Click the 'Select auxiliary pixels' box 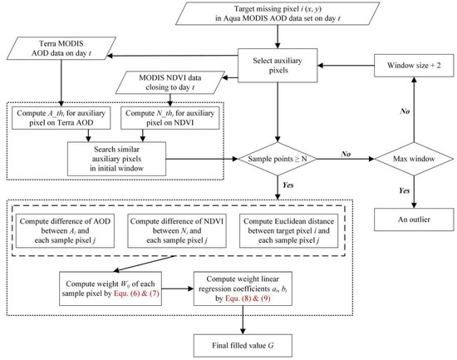(x=278, y=66)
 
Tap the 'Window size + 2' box (x=414, y=66)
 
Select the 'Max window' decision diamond (x=414, y=159)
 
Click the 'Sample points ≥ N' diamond (x=278, y=159)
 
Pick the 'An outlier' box (x=414, y=219)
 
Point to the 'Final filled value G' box (x=243, y=346)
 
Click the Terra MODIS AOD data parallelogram (x=61, y=48)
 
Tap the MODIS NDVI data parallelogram (x=170, y=82)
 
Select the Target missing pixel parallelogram (x=278, y=13)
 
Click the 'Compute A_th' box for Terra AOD (x=61, y=118)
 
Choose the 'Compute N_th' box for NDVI (x=170, y=118)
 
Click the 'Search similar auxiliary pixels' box (x=116, y=159)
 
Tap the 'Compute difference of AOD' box (x=65, y=231)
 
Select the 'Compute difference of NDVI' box (x=177, y=231)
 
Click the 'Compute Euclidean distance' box (x=289, y=231)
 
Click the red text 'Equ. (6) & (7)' (x=137, y=293)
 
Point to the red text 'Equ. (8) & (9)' (x=248, y=298)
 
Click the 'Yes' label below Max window (x=405, y=190)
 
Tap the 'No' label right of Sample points (x=346, y=154)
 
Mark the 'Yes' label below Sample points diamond (x=288, y=185)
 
